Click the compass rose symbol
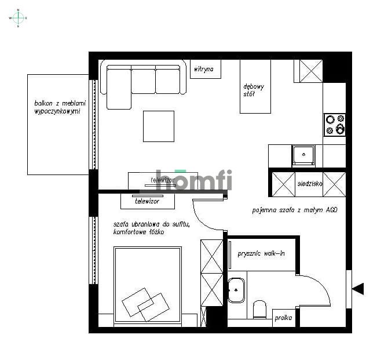point(18,18)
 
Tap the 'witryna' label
point(205,69)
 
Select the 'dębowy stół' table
point(255,87)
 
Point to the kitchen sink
point(303,155)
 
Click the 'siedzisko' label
point(310,184)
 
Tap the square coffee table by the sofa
point(159,126)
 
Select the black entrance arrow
point(358,288)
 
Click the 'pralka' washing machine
point(283,318)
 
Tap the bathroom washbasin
point(236,290)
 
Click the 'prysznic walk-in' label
point(261,253)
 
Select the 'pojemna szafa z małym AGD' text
point(294,210)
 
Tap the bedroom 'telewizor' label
point(147,201)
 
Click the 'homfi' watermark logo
point(191,180)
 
